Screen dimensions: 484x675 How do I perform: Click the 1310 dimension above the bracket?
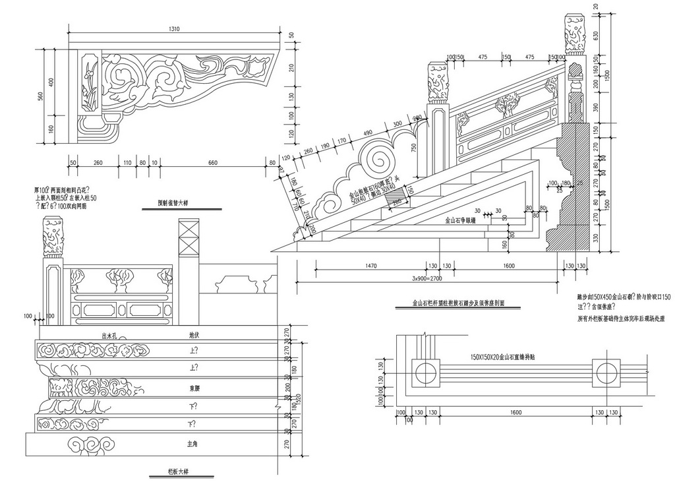[174, 29]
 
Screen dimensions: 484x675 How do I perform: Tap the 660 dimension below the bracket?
[212, 162]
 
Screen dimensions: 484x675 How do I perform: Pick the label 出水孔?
[109, 334]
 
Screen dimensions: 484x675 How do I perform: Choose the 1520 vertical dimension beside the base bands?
[297, 398]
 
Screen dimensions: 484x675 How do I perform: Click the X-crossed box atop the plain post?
[188, 232]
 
